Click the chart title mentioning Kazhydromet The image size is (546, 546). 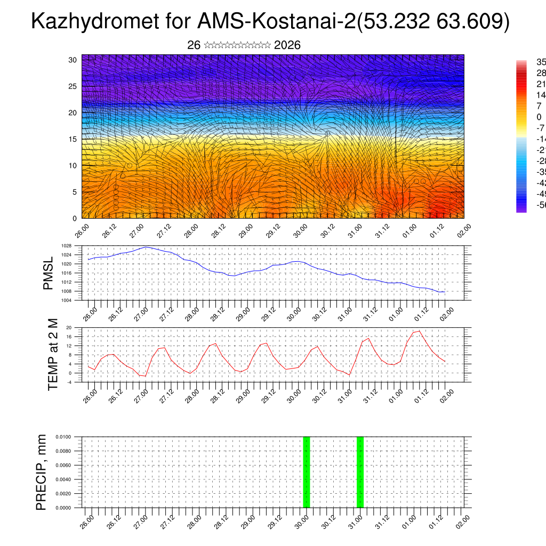coord(270,22)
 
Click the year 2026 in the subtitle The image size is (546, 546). coord(287,45)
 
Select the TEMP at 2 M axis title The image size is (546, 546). coord(53,355)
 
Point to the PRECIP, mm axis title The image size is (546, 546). coord(42,472)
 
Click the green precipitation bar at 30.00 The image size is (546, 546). coord(306,472)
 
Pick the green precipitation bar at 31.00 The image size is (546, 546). coord(360,472)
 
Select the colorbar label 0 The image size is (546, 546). coord(539,117)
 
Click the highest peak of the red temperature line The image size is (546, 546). coord(420,331)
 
